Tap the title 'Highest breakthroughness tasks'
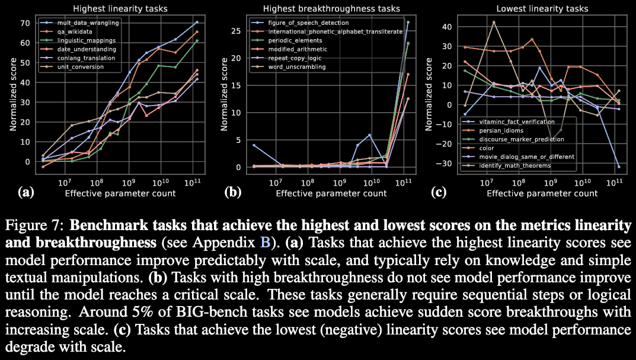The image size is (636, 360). coord(322,9)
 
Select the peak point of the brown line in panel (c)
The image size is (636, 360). coord(494,23)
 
